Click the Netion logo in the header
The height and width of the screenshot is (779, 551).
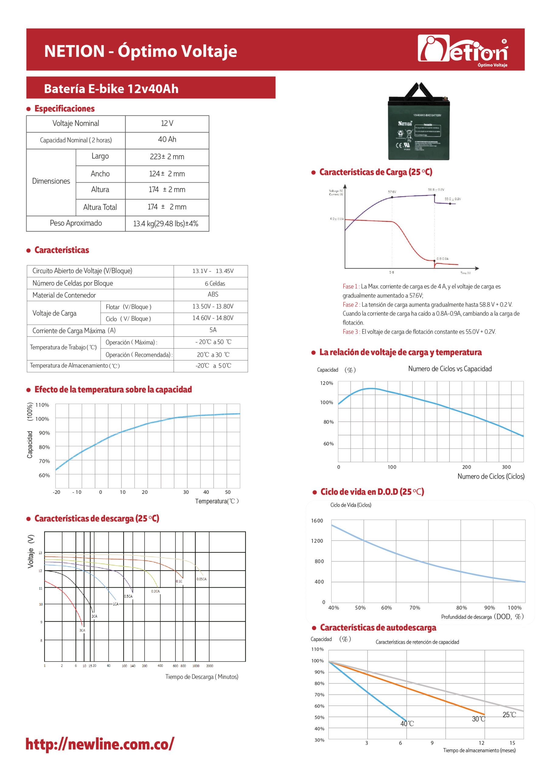coord(463,50)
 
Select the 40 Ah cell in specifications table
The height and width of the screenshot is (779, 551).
coord(167,139)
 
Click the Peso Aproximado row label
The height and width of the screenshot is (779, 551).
coord(76,223)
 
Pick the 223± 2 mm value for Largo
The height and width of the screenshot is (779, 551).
coord(167,157)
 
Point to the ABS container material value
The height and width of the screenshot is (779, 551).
coord(213,295)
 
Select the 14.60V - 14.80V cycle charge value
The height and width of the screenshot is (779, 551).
coord(213,318)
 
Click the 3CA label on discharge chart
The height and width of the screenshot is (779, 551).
coord(82,631)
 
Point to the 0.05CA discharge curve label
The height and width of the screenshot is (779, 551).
coord(201,579)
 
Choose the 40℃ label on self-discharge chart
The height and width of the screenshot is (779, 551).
coord(407,724)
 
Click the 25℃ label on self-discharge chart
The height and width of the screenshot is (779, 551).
coord(509,715)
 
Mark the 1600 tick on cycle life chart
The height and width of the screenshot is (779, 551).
coord(317,521)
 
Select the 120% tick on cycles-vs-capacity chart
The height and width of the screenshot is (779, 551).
coord(326,383)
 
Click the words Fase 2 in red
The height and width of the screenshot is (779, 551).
coord(350,305)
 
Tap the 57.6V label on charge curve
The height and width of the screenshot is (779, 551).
coord(392,192)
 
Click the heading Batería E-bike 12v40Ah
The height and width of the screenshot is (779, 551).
coord(111,89)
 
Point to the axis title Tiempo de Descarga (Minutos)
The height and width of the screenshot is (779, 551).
coord(201,677)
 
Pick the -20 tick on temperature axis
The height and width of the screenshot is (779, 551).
coord(56,492)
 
